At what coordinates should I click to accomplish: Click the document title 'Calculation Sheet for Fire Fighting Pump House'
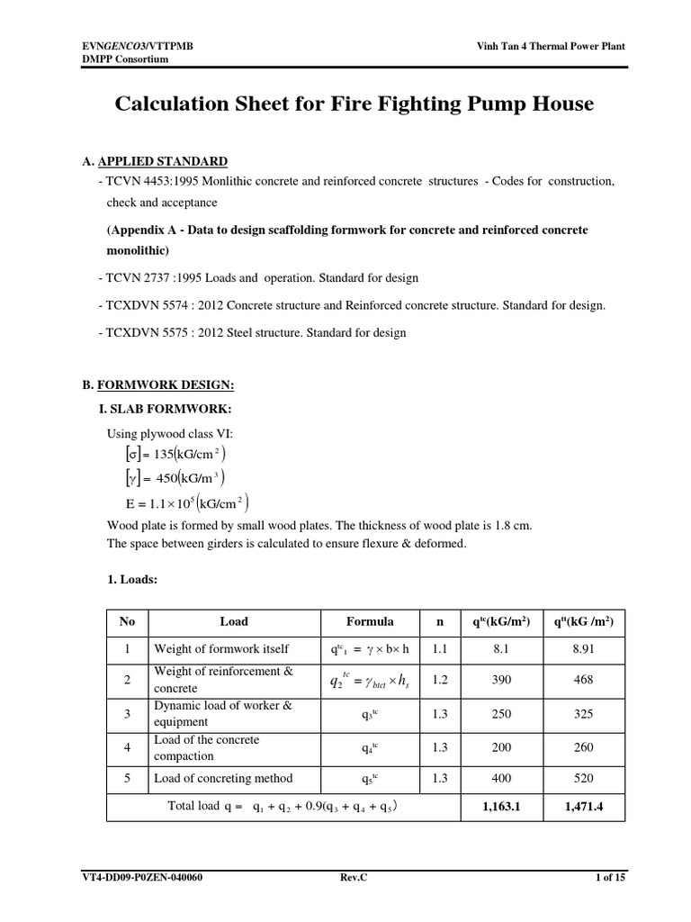354,104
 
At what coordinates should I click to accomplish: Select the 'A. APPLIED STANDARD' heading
155,161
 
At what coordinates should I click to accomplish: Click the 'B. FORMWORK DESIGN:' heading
158,385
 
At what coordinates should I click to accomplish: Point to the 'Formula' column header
370,621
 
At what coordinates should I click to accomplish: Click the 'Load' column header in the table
234,621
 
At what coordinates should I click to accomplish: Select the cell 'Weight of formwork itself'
222,648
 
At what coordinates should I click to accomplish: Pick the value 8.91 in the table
583,648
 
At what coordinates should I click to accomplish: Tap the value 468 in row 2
583,681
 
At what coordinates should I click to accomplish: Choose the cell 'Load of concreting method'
223,779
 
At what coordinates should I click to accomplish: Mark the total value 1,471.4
583,808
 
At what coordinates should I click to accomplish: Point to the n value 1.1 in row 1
440,648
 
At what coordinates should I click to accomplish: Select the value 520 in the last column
583,779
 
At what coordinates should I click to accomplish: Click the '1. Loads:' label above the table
132,581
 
